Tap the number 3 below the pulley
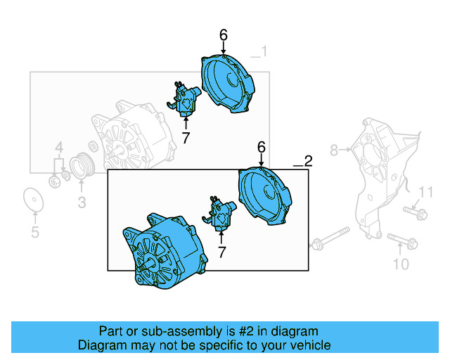click(x=81, y=203)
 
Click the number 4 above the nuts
click(x=60, y=148)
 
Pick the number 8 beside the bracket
click(x=335, y=149)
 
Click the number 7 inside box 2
click(x=221, y=251)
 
